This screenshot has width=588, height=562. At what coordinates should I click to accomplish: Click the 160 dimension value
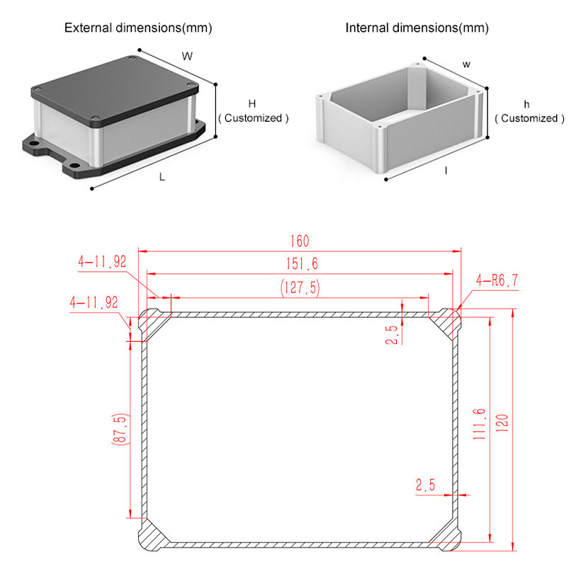tap(300, 241)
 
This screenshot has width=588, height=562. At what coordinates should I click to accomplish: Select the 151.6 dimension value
tap(302, 263)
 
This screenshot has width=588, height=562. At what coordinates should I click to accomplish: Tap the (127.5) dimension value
tap(300, 288)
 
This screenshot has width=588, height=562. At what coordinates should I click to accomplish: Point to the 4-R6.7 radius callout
tap(497, 280)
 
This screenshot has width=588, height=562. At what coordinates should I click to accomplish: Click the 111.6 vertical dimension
tap(479, 424)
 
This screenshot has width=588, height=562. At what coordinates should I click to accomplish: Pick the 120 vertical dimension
tap(502, 423)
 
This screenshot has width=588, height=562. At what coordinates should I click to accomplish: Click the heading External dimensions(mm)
tap(138, 28)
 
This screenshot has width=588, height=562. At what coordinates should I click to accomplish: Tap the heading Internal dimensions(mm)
tap(417, 28)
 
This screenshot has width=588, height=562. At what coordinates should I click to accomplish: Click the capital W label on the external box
tap(187, 56)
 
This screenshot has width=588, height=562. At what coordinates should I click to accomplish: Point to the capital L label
tap(162, 177)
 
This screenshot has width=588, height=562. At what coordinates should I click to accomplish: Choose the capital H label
tap(252, 104)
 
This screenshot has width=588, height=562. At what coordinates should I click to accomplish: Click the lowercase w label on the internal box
tap(466, 64)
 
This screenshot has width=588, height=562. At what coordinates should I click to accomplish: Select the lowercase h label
tap(526, 104)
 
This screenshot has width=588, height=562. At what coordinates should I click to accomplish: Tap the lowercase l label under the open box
tap(446, 171)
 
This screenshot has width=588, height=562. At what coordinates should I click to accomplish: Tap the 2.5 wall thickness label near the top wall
tap(392, 334)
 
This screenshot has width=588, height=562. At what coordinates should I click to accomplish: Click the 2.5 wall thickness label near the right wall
tap(425, 485)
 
